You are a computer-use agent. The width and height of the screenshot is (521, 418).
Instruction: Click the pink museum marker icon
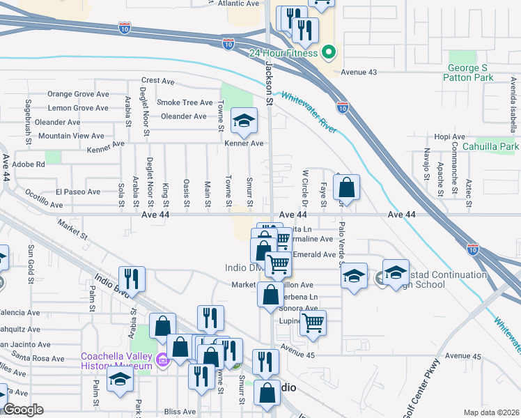162,360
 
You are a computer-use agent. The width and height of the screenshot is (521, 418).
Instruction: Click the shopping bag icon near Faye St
347,187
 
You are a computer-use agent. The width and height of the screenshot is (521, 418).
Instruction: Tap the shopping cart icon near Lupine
313,323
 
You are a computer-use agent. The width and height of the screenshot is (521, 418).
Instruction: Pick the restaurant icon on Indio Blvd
132,279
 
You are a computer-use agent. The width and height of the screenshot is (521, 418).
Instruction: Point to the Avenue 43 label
358,72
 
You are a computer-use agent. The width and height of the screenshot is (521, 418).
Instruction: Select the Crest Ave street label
158,81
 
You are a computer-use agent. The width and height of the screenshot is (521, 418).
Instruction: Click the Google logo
23,410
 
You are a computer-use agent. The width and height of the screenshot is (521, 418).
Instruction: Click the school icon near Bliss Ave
120,381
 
